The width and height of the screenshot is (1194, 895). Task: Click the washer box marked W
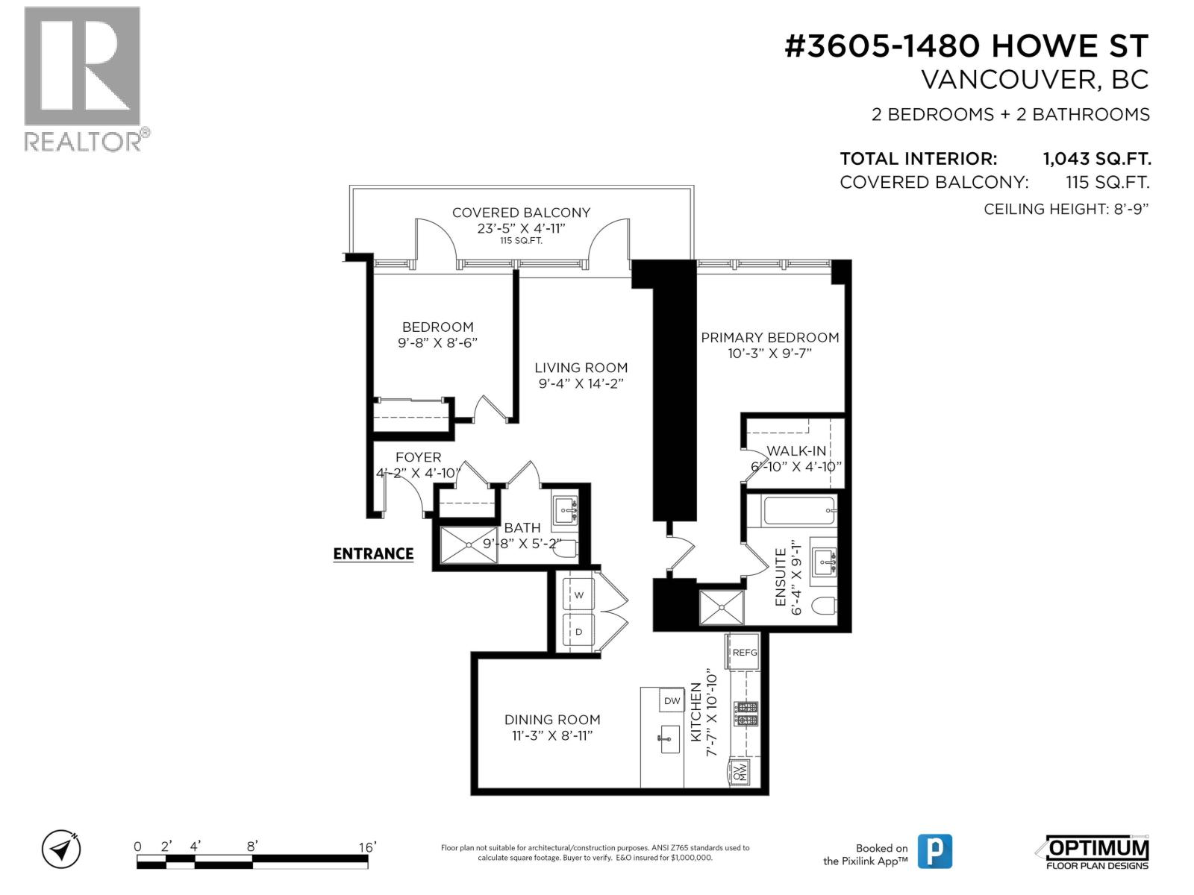[578, 595]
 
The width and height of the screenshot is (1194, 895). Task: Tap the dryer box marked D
[578, 632]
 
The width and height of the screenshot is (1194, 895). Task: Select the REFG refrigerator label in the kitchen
[744, 652]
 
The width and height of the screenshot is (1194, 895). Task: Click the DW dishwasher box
[672, 700]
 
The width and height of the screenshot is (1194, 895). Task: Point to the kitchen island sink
[669, 739]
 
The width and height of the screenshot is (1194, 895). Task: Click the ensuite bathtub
[798, 512]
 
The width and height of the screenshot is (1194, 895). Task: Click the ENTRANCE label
[373, 553]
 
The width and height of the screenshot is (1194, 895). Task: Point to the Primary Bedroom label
[769, 337]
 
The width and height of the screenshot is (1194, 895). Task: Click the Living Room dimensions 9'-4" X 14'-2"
[581, 383]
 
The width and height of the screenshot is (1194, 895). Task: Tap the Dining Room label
[552, 720]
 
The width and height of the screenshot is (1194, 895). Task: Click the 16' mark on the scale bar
[367, 847]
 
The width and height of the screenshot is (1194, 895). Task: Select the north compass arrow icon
[61, 850]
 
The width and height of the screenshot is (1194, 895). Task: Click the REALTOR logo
[84, 78]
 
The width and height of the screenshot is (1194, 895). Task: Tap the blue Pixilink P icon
[934, 851]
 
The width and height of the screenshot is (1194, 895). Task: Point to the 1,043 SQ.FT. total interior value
[1096, 158]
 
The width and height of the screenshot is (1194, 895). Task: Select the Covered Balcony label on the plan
[521, 213]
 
